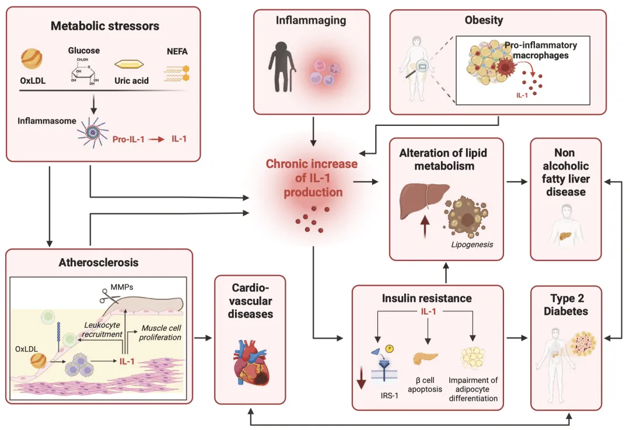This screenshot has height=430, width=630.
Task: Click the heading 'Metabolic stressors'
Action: [x=105, y=26]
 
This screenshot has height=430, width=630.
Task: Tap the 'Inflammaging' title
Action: [x=311, y=21]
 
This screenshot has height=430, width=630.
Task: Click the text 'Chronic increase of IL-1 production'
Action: [x=311, y=178]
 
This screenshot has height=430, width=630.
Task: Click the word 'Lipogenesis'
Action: [x=471, y=244]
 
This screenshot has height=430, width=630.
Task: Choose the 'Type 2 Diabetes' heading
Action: [x=565, y=305]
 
